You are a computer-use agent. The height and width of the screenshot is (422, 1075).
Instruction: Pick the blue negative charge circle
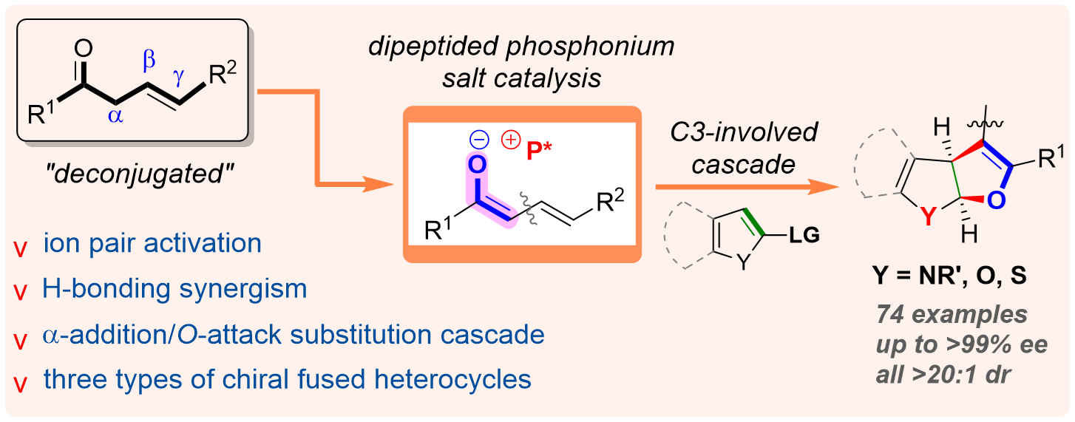(477, 137)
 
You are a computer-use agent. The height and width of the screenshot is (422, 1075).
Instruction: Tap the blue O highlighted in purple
(477, 163)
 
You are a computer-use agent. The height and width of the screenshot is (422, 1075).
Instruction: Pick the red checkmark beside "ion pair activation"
(20, 246)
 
